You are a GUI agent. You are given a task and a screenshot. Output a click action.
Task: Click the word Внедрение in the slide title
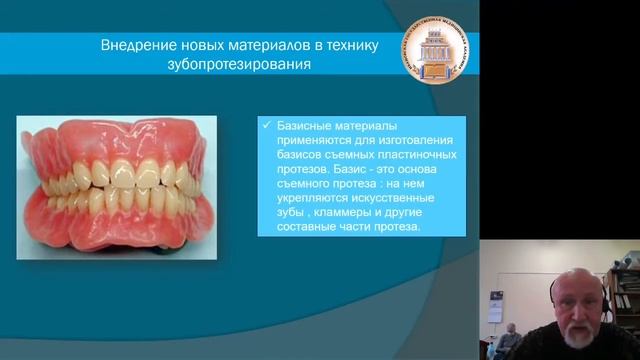coord(137,46)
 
